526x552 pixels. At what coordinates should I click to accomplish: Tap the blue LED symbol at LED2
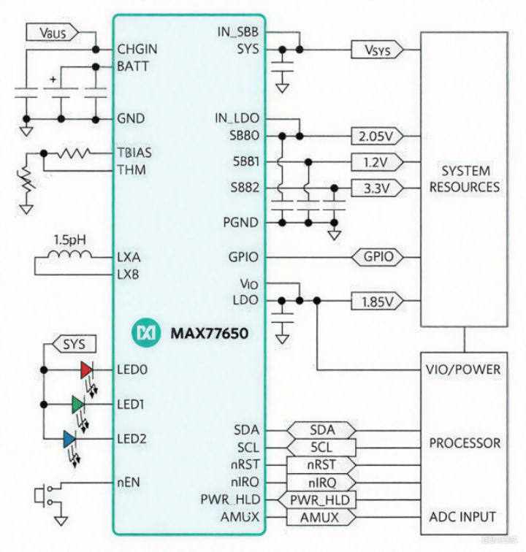(69, 439)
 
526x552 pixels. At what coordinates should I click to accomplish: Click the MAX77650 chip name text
(209, 334)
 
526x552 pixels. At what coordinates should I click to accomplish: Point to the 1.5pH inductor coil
(72, 256)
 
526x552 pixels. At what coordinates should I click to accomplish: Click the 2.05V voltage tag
(377, 137)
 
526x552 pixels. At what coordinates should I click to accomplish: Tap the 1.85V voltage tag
(377, 300)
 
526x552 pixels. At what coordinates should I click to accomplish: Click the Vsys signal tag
(374, 50)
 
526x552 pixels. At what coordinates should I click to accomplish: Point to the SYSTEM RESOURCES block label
(465, 179)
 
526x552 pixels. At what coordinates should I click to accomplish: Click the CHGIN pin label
(137, 50)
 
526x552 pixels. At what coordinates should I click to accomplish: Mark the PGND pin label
(240, 222)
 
